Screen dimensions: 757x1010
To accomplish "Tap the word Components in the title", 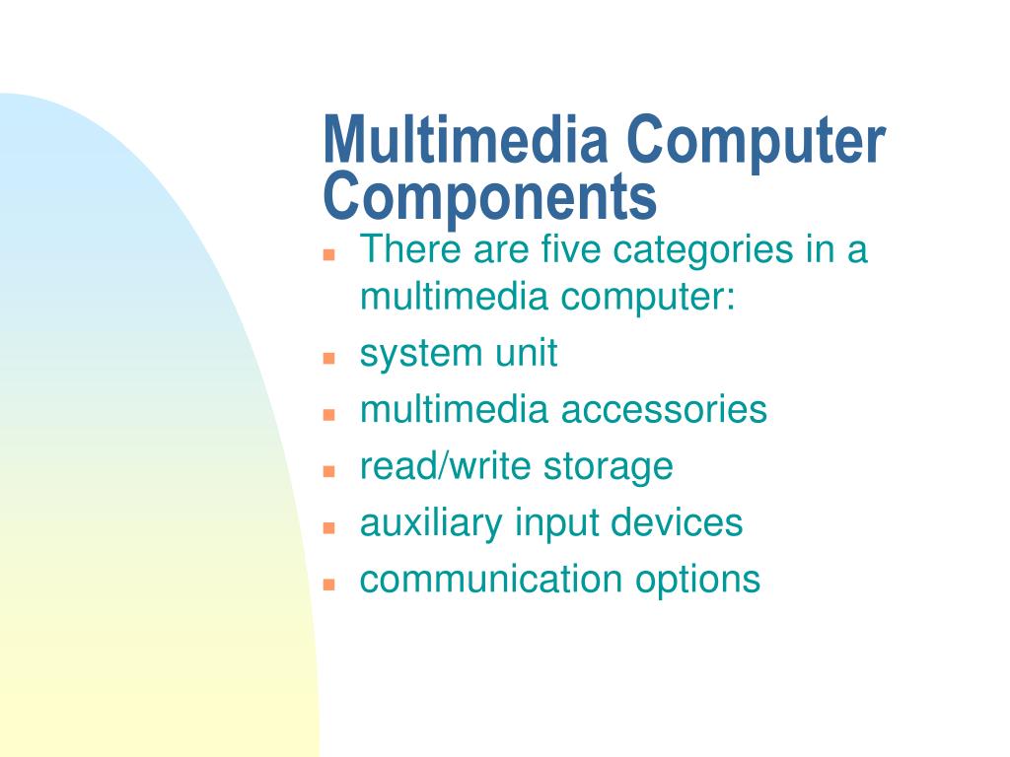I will pyautogui.click(x=489, y=196).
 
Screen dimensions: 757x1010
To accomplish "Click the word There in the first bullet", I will pyautogui.click(x=408, y=249).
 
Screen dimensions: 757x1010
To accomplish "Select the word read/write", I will pyautogui.click(x=430, y=466).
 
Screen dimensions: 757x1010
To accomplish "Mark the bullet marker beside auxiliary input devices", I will pyautogui.click(x=330, y=527).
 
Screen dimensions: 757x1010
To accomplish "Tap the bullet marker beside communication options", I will pyautogui.click(x=330, y=584).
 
